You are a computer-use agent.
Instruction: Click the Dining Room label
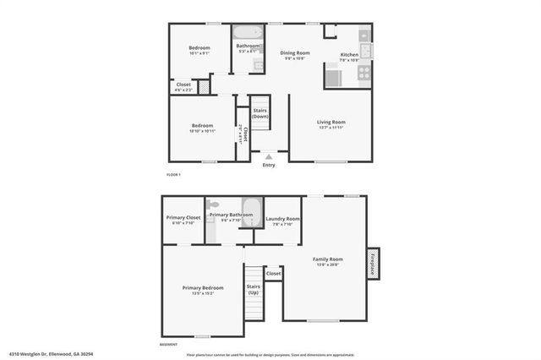pos(295,53)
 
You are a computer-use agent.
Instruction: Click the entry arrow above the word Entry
pos(269,156)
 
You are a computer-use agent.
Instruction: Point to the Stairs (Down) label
pos(260,113)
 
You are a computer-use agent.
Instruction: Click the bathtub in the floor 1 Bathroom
pos(249,34)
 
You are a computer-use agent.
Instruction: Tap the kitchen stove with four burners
pos(364,73)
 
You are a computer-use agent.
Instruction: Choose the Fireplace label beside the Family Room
pos(373,263)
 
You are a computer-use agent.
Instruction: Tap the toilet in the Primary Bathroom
pos(214,204)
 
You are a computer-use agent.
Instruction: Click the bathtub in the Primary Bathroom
pos(252,207)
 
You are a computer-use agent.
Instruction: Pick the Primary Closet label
pos(183,217)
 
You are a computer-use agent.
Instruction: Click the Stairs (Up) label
pos(254,289)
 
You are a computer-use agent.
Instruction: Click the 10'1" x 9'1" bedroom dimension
pos(199,53)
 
